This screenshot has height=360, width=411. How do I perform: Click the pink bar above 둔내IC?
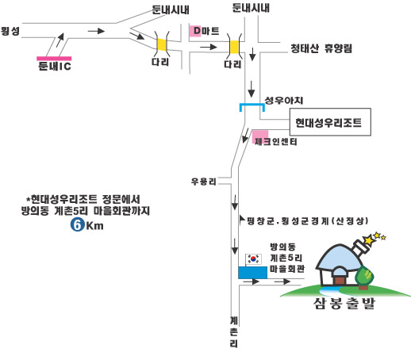[x=54, y=59]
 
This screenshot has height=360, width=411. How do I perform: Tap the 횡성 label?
[x=10, y=31]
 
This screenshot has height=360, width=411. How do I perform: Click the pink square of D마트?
[x=195, y=31]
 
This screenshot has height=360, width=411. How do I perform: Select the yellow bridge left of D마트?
[x=162, y=44]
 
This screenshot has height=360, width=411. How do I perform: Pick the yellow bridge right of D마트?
[x=234, y=48]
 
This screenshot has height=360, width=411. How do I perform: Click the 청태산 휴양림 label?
[x=321, y=48]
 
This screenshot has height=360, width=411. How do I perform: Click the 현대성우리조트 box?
[x=330, y=122]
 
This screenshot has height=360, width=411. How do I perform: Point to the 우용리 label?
[x=204, y=182]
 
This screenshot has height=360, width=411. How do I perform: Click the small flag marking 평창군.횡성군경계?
[x=241, y=220]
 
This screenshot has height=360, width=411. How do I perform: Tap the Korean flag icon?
[x=254, y=259]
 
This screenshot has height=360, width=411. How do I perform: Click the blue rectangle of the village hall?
[x=252, y=273]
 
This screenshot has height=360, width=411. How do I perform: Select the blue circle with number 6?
[x=77, y=225]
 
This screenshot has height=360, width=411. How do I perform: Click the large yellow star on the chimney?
[x=368, y=240]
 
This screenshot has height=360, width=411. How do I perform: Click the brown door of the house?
[x=340, y=280]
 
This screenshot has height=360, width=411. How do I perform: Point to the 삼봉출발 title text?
[x=344, y=303]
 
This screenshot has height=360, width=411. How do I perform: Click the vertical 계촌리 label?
[x=234, y=332]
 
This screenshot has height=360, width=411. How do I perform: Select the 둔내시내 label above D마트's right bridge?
[x=251, y=8]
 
